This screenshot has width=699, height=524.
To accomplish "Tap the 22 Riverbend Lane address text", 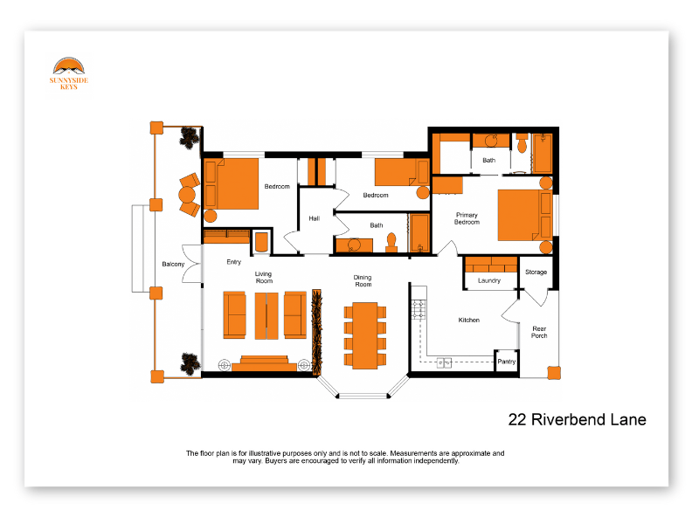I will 577,420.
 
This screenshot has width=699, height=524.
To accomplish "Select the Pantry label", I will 506,362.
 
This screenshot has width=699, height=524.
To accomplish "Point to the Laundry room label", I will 489,280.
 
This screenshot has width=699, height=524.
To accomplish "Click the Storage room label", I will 536,272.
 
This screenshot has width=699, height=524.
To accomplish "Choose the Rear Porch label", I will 539,332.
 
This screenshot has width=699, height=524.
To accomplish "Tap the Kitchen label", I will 469,320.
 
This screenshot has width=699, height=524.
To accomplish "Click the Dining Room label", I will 363,281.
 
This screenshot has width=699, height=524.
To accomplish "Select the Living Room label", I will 264,278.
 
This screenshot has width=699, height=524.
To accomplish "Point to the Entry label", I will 233,262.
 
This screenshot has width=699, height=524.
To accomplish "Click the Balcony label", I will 173,264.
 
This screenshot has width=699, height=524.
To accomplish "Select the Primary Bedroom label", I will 467,218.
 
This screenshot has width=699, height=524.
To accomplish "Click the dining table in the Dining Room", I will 363,334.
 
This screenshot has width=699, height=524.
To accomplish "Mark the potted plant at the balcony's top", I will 190,137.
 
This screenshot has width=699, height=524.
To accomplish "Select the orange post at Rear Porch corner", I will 553,372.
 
